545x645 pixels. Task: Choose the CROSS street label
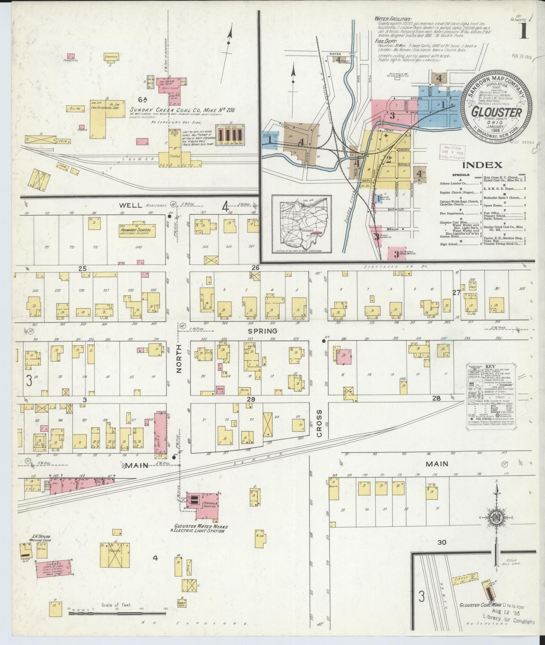pos(319,424)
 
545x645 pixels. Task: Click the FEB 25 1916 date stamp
pos(522,57)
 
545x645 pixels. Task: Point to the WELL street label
pos(130,206)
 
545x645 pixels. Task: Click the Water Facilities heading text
pos(393,18)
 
